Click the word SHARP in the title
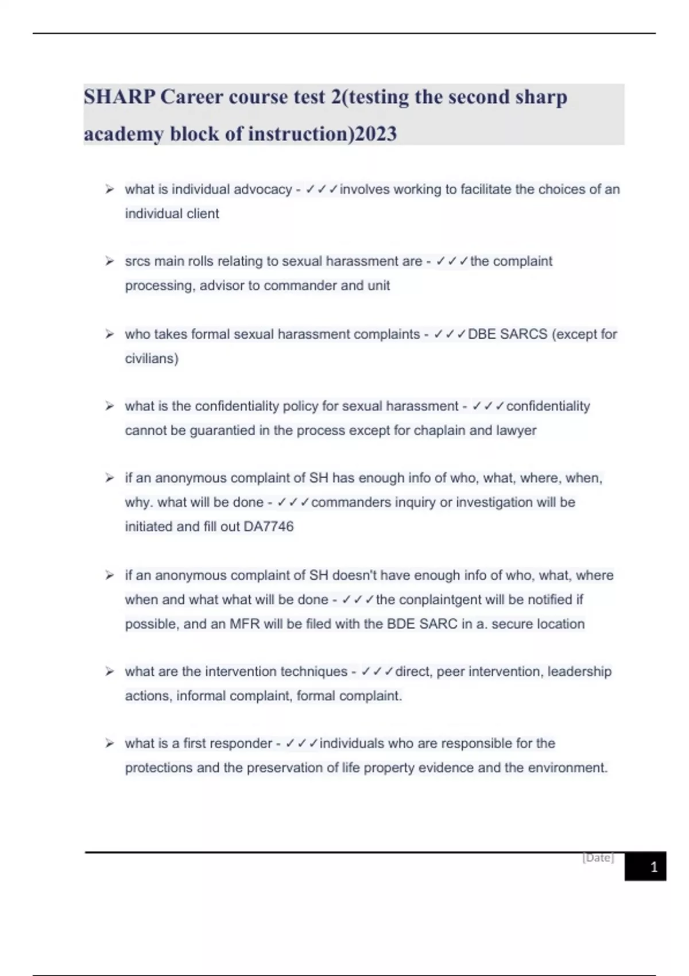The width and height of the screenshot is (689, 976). click(x=119, y=96)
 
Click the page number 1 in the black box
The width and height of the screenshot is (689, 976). click(x=653, y=867)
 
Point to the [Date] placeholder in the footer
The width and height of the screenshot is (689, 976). click(x=598, y=858)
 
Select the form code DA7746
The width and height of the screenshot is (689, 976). click(x=268, y=526)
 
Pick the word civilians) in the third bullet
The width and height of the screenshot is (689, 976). click(x=152, y=359)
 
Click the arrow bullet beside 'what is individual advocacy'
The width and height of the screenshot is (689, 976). click(x=109, y=189)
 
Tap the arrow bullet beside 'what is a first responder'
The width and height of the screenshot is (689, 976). click(x=109, y=743)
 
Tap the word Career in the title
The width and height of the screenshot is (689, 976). click(x=192, y=96)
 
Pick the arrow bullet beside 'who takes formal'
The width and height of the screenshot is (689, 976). click(x=109, y=334)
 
